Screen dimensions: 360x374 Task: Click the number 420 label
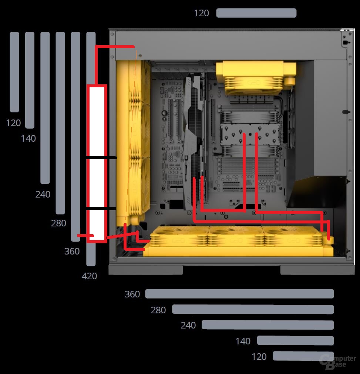(x=90, y=276)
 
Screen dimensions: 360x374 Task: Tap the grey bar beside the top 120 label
(x=256, y=13)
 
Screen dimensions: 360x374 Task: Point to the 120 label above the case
(x=202, y=13)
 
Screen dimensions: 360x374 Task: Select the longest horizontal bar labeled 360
(x=239, y=294)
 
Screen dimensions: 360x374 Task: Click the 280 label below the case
(x=158, y=310)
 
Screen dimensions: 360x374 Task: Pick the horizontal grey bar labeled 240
(x=268, y=325)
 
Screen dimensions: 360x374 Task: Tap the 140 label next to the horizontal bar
(x=243, y=341)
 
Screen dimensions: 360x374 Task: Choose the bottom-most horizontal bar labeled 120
(x=303, y=356)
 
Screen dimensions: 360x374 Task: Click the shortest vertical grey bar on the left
(x=14, y=72)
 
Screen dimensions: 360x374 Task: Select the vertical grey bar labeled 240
(x=45, y=108)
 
